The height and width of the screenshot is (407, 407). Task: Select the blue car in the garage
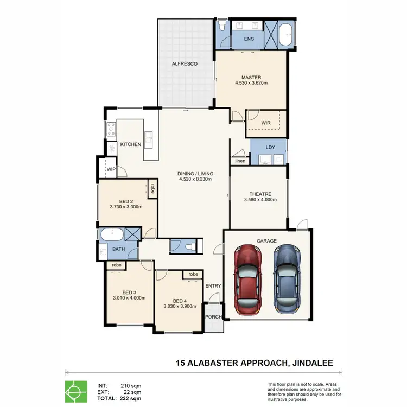click(287, 277)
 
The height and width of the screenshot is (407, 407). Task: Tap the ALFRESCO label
click(185, 64)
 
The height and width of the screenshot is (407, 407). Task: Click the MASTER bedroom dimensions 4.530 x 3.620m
click(251, 83)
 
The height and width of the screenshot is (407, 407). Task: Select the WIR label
click(265, 123)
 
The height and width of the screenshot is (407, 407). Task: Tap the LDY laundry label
click(270, 148)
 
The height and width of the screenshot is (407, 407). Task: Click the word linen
click(240, 161)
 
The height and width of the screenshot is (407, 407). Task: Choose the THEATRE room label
click(260, 194)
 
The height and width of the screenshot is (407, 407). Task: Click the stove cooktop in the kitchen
click(111, 129)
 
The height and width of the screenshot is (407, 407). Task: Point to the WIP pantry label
click(111, 169)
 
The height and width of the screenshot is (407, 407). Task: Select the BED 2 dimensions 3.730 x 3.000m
click(126, 207)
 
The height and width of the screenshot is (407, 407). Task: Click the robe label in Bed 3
click(116, 265)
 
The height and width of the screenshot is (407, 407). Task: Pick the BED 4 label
click(179, 301)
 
